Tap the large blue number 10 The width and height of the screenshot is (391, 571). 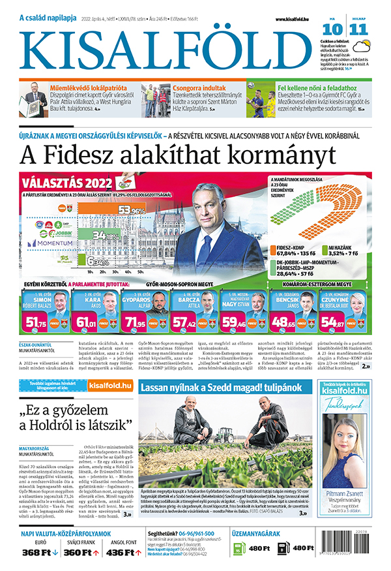point(332,29)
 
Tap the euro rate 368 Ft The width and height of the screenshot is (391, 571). point(36,553)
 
